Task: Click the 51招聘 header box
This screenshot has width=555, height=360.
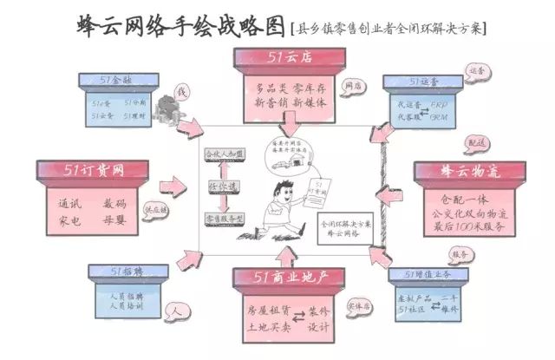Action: (130, 272)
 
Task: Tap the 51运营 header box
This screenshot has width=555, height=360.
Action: (427, 82)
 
